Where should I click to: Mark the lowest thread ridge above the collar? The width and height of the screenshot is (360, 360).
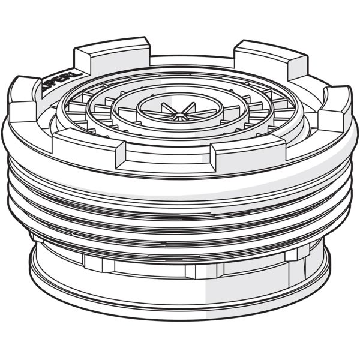tap(180, 243)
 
